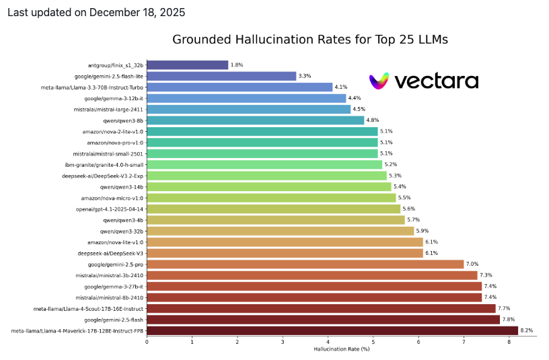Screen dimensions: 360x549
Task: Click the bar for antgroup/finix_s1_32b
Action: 187,65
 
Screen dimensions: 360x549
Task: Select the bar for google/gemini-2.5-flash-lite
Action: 221,76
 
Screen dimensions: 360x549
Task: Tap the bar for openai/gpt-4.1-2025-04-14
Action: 273,209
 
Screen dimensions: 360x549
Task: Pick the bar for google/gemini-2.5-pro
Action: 305,264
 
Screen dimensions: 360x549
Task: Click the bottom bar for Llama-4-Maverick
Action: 332,330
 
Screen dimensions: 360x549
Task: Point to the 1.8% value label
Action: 236,65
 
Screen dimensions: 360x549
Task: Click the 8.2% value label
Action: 526,330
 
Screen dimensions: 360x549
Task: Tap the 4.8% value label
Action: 372,120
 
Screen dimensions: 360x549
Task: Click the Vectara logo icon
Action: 379,81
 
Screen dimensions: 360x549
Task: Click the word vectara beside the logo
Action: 436,81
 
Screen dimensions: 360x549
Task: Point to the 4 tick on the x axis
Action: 328,342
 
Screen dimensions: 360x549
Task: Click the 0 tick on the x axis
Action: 147,342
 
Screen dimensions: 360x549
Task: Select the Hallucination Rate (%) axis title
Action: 342,349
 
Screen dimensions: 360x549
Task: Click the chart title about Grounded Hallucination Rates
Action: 310,40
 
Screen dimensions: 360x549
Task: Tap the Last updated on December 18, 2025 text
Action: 96,12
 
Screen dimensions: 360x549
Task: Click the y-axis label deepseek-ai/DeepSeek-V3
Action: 110,253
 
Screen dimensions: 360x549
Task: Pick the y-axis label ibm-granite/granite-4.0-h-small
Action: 104,165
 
